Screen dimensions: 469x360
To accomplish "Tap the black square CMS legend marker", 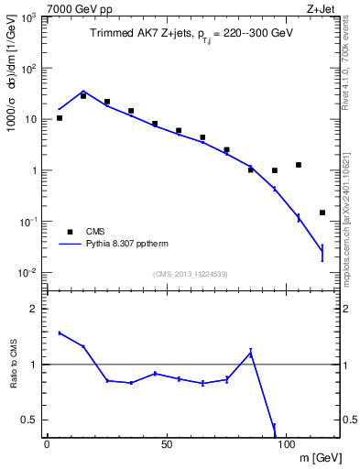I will point(70,232).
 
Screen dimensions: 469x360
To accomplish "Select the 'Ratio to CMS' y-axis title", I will point(12,365).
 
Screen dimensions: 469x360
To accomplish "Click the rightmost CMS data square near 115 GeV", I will point(322,213).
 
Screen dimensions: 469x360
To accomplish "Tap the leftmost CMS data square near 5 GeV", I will point(60,118).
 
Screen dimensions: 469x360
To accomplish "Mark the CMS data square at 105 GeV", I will point(298,165).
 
